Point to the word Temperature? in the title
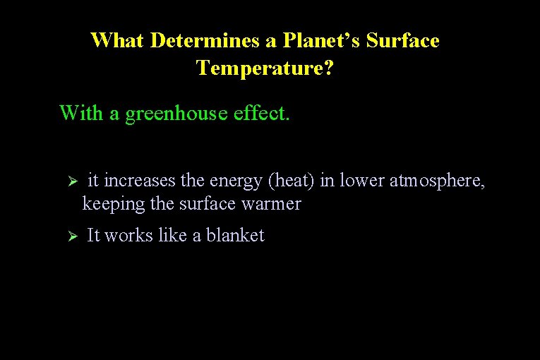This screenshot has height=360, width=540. [265, 68]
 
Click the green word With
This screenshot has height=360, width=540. [81, 113]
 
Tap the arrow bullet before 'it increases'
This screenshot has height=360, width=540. [71, 181]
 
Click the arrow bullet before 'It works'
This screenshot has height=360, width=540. [71, 236]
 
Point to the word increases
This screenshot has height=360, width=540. [140, 181]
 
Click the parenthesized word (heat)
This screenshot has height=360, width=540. [291, 181]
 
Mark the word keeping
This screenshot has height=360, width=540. [107, 204]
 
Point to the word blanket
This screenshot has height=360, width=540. [235, 236]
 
